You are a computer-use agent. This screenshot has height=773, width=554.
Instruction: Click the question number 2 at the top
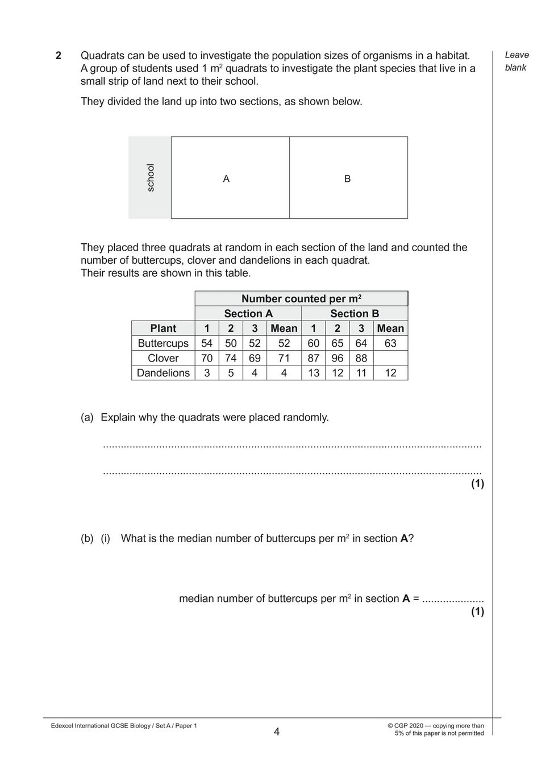(58, 56)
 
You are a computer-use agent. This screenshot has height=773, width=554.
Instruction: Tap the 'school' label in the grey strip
(151, 177)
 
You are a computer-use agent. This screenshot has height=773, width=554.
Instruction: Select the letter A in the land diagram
(226, 179)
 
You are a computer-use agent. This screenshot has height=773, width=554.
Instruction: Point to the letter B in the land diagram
(347, 179)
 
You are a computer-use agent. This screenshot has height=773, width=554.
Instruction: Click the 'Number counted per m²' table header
(301, 299)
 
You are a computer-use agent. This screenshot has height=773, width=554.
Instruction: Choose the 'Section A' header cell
(248, 314)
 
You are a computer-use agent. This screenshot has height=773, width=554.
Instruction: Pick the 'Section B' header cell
(355, 314)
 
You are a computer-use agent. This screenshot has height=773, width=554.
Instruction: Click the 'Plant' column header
(163, 329)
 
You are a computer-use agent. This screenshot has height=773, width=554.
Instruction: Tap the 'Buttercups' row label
(163, 343)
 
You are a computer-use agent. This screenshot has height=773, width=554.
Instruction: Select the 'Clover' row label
(163, 358)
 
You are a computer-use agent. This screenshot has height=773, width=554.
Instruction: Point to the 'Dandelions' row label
(163, 373)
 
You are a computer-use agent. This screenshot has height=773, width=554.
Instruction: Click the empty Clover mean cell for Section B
(390, 358)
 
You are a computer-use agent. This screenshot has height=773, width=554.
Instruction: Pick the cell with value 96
(338, 358)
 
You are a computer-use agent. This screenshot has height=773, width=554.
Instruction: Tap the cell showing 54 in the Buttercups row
(207, 343)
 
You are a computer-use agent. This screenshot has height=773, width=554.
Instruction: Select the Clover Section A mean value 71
(284, 358)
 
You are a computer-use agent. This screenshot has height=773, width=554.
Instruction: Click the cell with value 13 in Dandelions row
(313, 373)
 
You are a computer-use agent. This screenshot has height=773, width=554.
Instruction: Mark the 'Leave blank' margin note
(516, 61)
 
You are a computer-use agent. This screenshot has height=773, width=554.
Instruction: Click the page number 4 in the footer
(277, 732)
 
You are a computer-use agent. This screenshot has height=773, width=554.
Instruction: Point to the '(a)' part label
(87, 418)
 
